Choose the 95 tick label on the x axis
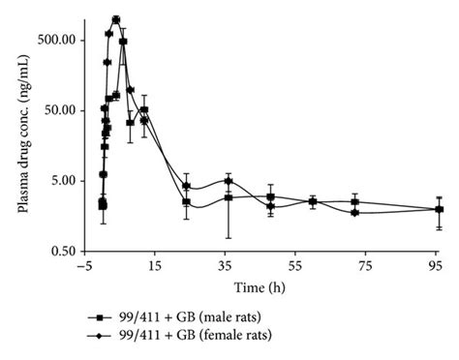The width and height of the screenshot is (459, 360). (x=435, y=264)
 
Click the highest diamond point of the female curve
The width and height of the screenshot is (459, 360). (x=115, y=19)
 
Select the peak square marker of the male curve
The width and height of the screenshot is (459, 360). (x=123, y=42)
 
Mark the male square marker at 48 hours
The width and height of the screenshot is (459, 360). (x=271, y=197)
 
